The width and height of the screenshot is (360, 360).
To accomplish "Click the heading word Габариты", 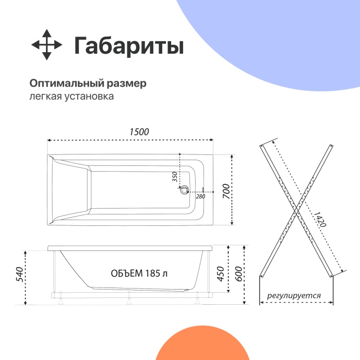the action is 128,46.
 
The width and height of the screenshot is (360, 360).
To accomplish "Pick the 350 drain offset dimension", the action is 175,177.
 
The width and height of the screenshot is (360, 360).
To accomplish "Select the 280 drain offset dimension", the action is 200,196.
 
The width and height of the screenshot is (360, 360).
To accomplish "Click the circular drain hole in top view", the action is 183,190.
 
